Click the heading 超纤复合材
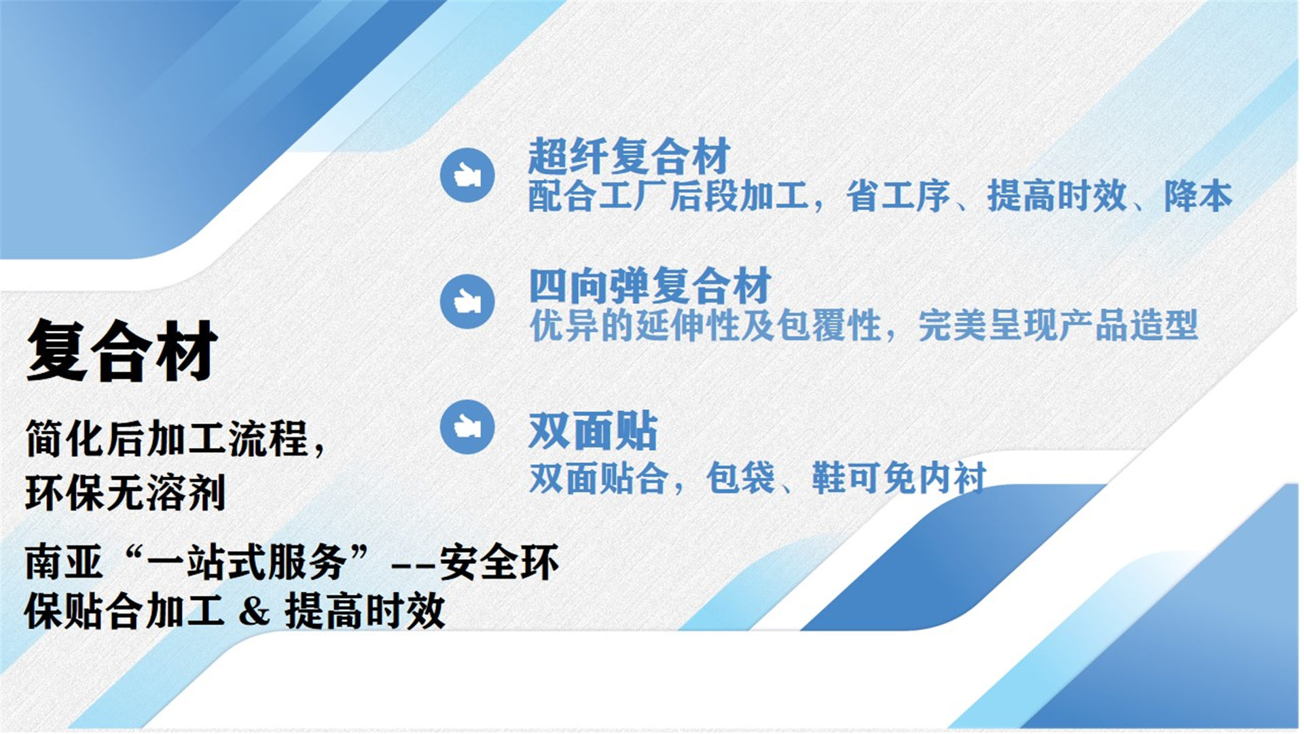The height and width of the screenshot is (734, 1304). (629, 156)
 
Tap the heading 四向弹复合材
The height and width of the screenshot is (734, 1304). (649, 285)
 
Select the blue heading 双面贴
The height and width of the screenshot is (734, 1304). (593, 431)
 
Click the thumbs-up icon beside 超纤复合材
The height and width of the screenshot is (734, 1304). (467, 175)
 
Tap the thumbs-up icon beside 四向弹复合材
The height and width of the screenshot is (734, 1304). (467, 301)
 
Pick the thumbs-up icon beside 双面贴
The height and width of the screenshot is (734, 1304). (467, 427)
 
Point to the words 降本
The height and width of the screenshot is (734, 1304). (1197, 196)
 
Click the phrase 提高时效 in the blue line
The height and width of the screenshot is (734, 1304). (1057, 196)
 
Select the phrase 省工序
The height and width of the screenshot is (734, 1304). (898, 196)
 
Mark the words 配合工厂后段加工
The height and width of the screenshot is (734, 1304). (668, 196)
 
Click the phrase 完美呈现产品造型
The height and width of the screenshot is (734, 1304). (1057, 326)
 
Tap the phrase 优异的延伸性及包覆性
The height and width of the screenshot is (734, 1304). (705, 326)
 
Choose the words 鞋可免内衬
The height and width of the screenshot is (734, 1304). (899, 478)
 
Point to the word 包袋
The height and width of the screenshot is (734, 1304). (740, 478)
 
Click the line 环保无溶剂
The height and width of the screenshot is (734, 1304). (126, 493)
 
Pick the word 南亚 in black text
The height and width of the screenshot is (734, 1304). (64, 563)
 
